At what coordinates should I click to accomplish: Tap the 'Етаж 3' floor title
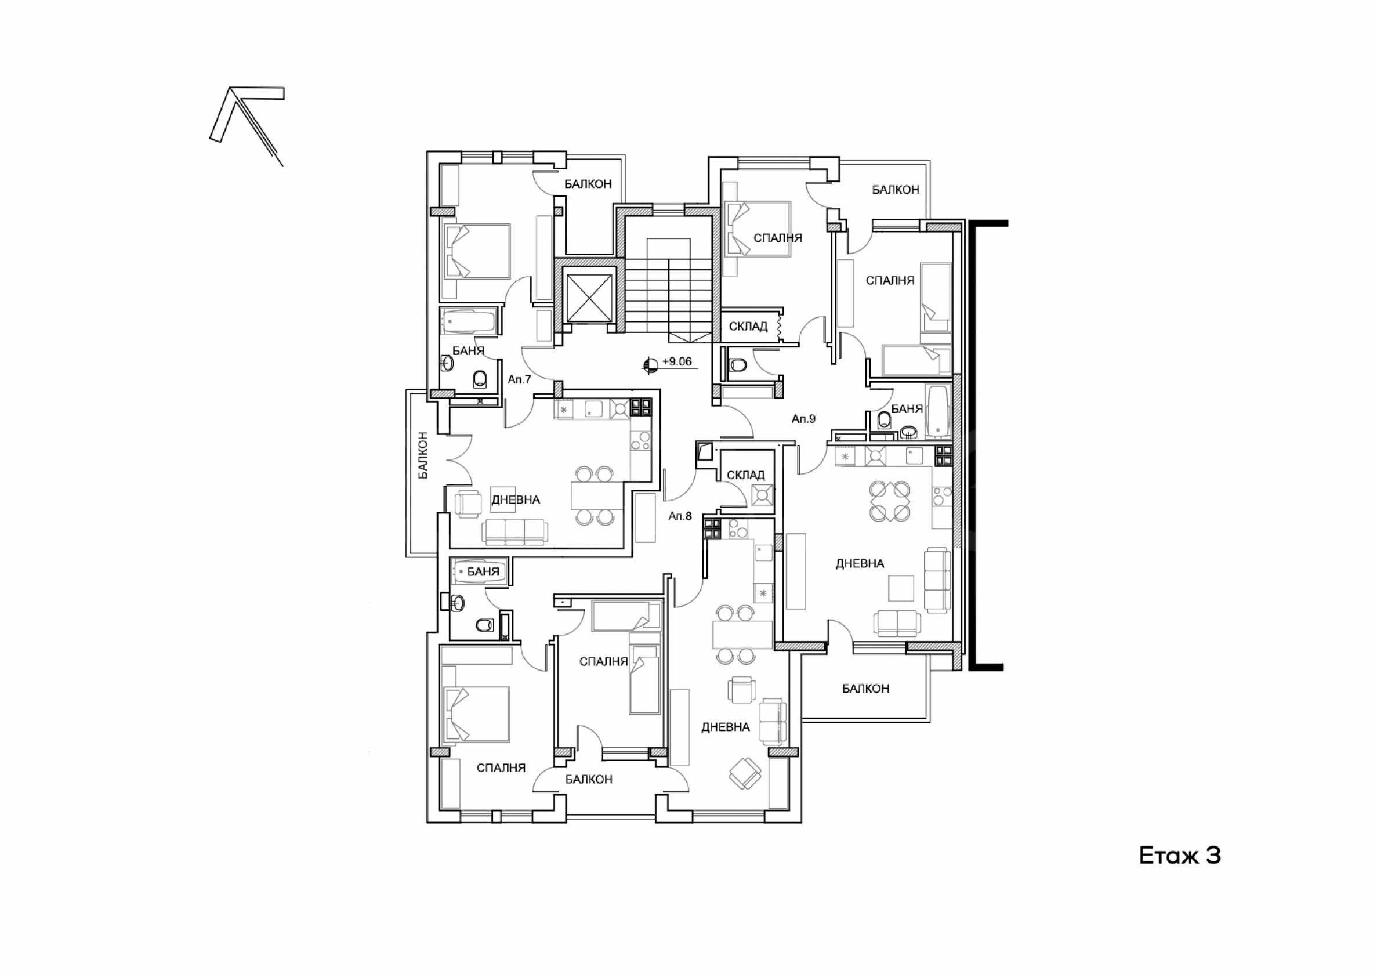coord(1180,856)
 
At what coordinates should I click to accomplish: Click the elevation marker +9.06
coord(670,363)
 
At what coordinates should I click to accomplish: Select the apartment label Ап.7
coord(519,379)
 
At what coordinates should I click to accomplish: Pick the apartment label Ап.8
coord(680,516)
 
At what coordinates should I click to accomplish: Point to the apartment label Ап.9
coord(804,419)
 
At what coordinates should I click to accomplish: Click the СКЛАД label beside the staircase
coord(748,326)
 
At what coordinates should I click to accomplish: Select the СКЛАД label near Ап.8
coord(745,475)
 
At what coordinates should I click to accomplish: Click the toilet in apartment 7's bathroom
coord(480,378)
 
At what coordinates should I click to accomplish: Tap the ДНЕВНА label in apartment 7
coord(516,499)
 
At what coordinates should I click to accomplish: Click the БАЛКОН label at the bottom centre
coord(589,779)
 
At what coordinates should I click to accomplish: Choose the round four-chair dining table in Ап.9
coord(890,501)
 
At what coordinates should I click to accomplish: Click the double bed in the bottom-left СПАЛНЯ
coord(476,714)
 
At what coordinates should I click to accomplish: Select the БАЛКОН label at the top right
coord(896,190)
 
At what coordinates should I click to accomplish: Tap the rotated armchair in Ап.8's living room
coord(745,774)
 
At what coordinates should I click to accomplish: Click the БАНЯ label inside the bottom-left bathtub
coord(483,571)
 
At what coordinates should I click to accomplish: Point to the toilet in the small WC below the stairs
coord(737,365)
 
